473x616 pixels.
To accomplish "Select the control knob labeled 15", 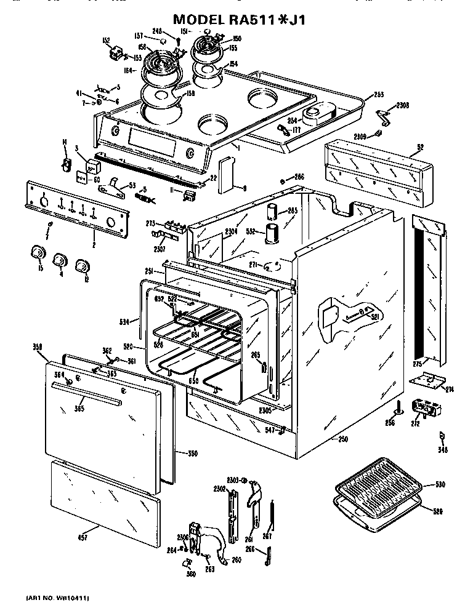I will tap(38, 253).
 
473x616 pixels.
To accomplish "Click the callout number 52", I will tap(421, 148).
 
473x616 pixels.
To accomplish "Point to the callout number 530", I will tap(440, 485).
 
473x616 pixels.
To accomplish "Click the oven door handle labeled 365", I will tap(86, 389).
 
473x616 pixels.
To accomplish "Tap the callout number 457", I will tap(83, 538).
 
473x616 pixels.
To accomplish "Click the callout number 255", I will tap(378, 95).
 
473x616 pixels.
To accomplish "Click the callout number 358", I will tap(36, 348).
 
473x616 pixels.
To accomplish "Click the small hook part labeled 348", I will tap(441, 438).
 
